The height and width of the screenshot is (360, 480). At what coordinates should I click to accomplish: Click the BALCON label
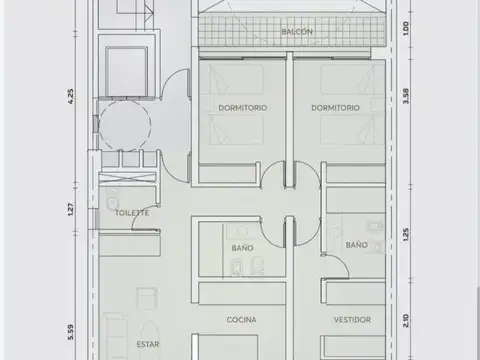296,32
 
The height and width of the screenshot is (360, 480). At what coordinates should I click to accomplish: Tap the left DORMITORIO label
241,107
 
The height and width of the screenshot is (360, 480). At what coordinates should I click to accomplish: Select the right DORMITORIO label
335,107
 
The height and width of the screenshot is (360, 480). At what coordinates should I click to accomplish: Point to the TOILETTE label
132,213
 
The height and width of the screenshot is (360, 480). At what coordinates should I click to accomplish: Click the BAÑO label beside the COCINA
242,247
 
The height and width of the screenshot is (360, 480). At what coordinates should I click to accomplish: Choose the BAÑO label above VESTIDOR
356,244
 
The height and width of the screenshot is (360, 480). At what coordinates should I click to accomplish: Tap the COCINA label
241,320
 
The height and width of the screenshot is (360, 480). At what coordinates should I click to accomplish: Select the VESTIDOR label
352,320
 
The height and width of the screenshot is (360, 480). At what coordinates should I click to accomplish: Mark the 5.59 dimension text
70,329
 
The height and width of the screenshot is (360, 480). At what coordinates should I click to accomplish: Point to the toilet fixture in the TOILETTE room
113,201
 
